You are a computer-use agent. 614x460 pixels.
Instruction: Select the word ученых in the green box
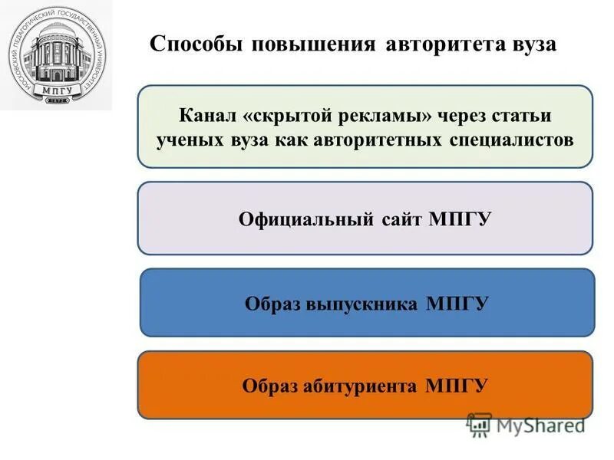click(x=187, y=140)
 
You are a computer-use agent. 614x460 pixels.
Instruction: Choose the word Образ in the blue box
click(x=272, y=304)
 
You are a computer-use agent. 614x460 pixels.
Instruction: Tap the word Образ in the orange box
click(x=269, y=385)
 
